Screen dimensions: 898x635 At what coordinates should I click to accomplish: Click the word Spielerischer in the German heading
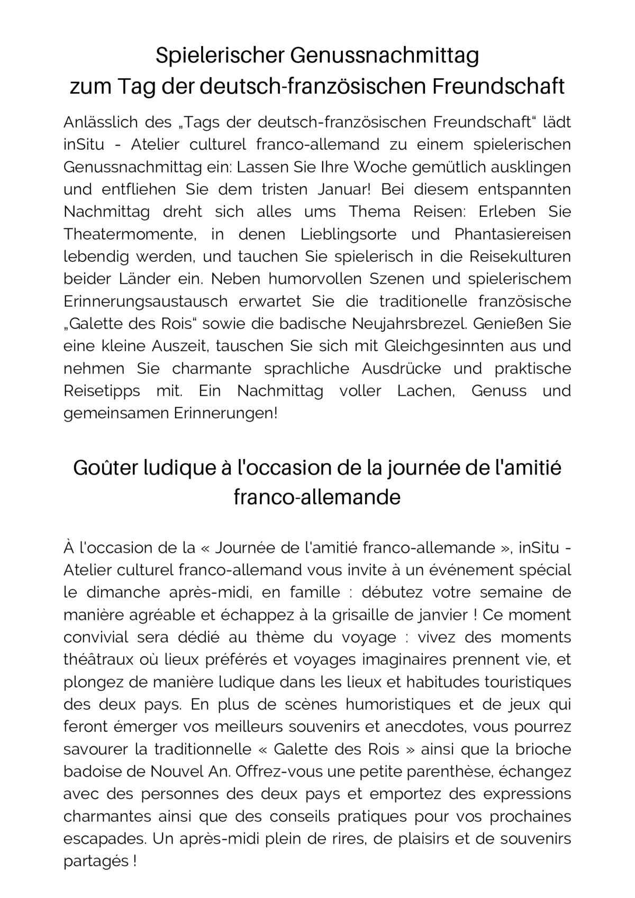coord(221,56)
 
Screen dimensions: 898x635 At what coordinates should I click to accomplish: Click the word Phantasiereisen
coord(513,234)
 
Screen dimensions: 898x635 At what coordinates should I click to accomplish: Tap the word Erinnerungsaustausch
coord(145,301)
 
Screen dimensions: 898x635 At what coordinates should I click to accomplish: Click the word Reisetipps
coord(102,391)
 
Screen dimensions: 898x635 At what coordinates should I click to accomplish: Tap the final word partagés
coord(96,862)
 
